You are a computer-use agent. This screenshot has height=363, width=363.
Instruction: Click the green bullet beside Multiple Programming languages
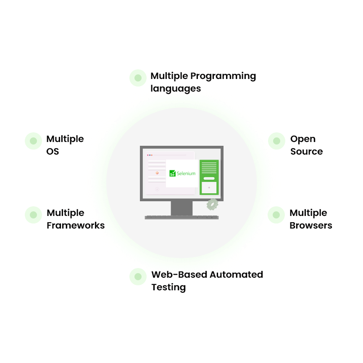[x=138, y=78]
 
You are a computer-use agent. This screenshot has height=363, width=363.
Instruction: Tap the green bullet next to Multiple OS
[x=33, y=141]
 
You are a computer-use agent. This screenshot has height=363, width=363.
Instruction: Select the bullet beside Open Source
[x=276, y=141]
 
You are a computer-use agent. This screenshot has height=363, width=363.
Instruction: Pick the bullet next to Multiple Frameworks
[x=33, y=215]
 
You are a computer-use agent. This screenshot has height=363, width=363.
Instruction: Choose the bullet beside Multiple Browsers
[x=276, y=215]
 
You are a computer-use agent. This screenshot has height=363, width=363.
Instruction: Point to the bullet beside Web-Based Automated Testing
[x=138, y=276]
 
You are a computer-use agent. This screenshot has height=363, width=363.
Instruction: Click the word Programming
[x=223, y=76]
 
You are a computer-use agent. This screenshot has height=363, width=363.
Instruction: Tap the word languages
[x=176, y=89]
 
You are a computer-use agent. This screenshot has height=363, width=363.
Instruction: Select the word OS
[x=53, y=152]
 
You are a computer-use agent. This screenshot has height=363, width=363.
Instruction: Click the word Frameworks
[x=76, y=226]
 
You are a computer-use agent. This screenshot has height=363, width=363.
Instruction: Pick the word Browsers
[x=311, y=226]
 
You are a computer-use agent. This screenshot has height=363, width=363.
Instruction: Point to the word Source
[x=307, y=152]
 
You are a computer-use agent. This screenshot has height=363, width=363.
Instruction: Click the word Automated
[x=237, y=275]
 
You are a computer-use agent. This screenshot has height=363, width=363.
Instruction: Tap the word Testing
[x=168, y=287]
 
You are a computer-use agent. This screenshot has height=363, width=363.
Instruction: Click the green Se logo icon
[x=173, y=173]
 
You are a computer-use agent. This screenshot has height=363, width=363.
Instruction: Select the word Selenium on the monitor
[x=186, y=174]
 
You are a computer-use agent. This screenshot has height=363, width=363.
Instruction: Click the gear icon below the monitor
[x=212, y=205]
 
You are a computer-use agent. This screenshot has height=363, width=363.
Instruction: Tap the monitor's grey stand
[x=182, y=208]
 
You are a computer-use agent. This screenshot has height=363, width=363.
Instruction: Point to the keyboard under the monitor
[x=182, y=217]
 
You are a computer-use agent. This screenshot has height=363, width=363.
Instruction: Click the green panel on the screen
[x=209, y=177]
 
